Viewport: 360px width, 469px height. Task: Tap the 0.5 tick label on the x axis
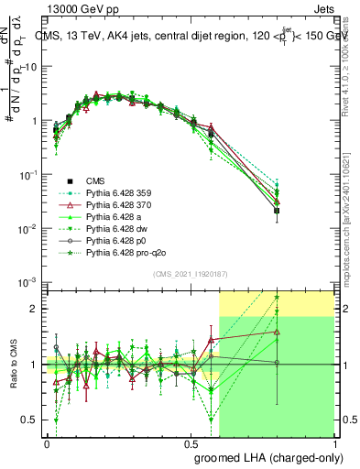point(191,442)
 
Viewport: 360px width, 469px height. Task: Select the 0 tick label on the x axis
point(48,442)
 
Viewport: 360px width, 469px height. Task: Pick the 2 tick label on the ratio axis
point(34,309)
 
